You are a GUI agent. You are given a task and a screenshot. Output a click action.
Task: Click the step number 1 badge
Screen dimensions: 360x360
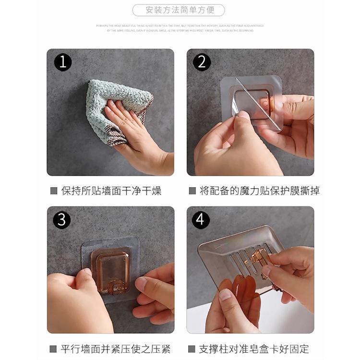[63, 62]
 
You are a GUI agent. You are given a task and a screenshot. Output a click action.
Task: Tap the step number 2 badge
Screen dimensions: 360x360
[202, 62]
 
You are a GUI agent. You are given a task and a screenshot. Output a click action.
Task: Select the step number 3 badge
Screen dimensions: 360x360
[62, 220]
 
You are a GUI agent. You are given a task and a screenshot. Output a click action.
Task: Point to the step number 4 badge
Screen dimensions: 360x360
[201, 220]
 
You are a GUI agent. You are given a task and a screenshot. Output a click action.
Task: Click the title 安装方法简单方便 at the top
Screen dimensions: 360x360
[180, 10]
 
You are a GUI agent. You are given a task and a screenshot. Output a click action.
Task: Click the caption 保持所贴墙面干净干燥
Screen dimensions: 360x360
[111, 191]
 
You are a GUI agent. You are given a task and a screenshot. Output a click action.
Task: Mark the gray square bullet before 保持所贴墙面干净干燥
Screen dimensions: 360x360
[54, 191]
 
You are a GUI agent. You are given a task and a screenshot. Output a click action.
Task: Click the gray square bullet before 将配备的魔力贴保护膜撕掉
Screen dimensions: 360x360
[192, 191]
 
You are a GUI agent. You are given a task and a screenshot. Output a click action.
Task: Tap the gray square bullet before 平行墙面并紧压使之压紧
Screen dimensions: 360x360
[53, 349]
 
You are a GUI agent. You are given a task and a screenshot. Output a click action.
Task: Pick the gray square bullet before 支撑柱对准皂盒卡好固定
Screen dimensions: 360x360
[192, 349]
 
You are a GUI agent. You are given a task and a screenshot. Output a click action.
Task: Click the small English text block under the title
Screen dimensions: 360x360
[180, 28]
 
